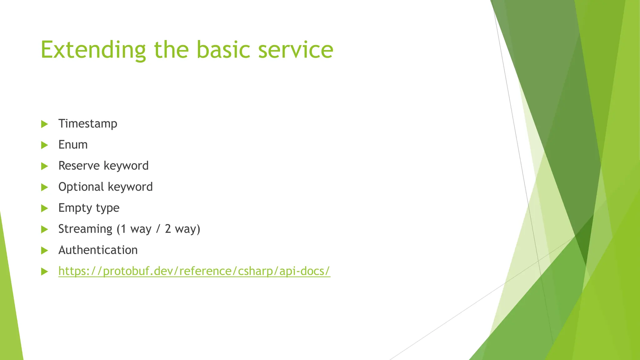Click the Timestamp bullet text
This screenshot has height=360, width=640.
pos(88,124)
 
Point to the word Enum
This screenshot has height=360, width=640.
pos(73,145)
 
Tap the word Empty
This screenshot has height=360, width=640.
pos(75,208)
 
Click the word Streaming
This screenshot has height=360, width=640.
pos(85,229)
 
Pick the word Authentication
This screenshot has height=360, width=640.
pos(98,250)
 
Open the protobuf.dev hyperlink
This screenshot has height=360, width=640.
pos(194,271)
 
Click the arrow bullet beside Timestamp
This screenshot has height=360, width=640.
pos(45,124)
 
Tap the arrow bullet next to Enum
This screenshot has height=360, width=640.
pos(45,145)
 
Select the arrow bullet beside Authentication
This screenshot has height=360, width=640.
pos(45,250)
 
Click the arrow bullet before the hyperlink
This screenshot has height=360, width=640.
pos(45,272)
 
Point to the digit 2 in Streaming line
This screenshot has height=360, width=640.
pos(168,229)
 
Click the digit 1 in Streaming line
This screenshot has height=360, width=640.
pos(123,229)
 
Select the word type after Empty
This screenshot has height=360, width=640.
pos(107,208)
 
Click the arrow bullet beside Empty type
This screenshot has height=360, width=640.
pos(45,208)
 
